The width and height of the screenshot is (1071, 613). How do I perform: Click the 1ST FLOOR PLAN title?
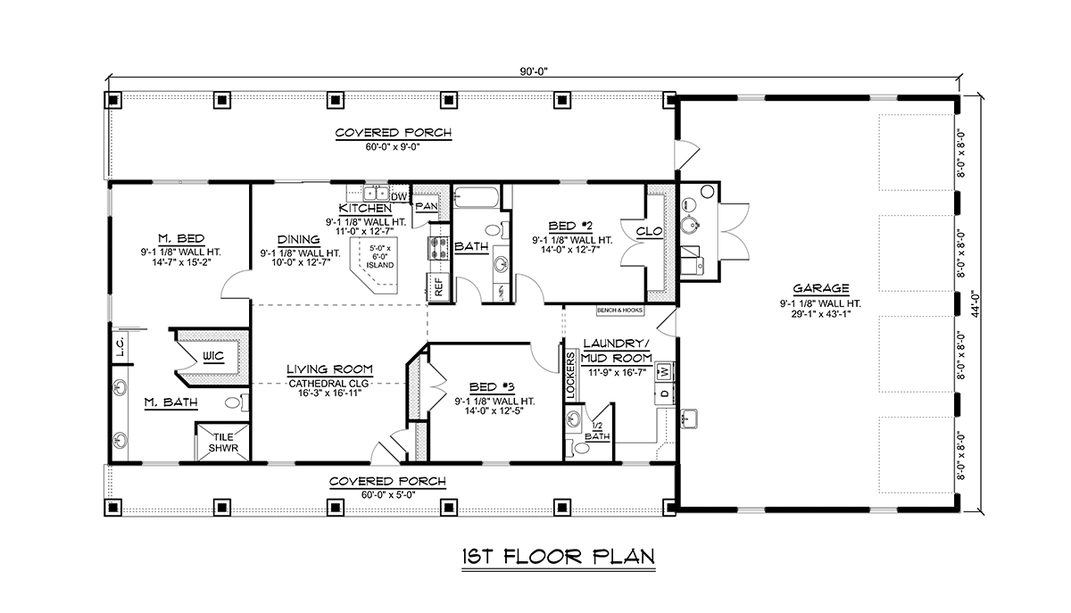pos(559,557)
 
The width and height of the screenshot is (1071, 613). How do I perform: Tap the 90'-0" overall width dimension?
pos(534,71)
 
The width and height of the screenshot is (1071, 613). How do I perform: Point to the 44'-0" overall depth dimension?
pos(976,304)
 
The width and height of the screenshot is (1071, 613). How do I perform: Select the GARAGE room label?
pos(821,288)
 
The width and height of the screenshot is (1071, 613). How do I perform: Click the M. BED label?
pos(181,238)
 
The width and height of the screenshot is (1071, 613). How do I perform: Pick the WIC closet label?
pos(212,356)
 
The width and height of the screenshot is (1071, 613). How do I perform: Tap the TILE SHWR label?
pos(223,443)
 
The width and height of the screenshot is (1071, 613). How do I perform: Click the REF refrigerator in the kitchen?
pos(439,287)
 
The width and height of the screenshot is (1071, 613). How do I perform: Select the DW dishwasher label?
pos(399,197)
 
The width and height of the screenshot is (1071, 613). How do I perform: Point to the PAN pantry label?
pos(426,206)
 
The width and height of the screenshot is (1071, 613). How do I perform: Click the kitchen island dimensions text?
pos(380,256)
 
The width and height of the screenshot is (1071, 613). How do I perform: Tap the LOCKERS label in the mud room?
pos(570,376)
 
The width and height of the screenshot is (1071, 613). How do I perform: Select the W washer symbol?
pos(665,370)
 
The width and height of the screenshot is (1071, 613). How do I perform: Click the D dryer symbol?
pos(665,393)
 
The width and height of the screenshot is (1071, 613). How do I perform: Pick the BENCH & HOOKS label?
pos(619,311)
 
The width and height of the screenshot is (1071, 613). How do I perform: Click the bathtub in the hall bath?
pos(477,197)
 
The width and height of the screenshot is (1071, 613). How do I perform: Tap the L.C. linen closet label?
pos(120,345)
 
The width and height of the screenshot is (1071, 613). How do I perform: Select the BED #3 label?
pos(492,387)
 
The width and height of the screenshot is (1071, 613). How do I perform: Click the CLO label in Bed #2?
pos(650,231)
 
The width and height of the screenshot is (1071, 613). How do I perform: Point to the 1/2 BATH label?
pos(597,431)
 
